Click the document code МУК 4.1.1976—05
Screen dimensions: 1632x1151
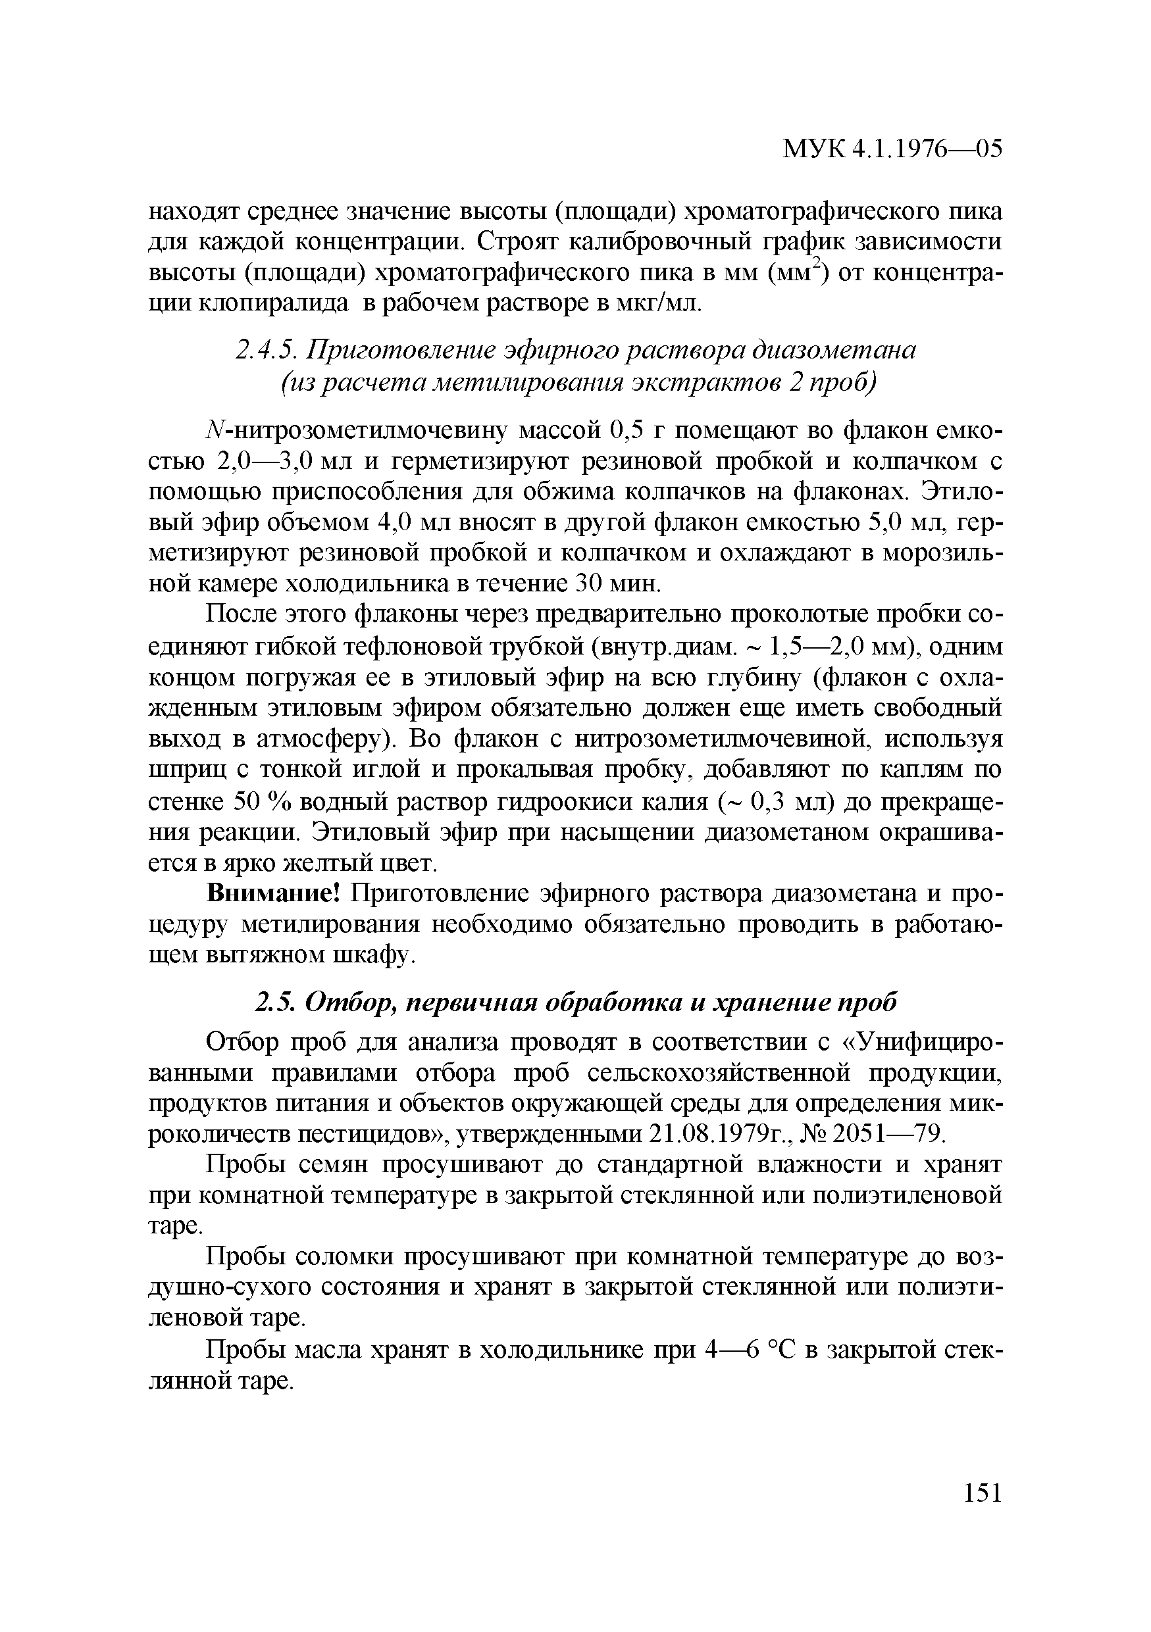[892, 149]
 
